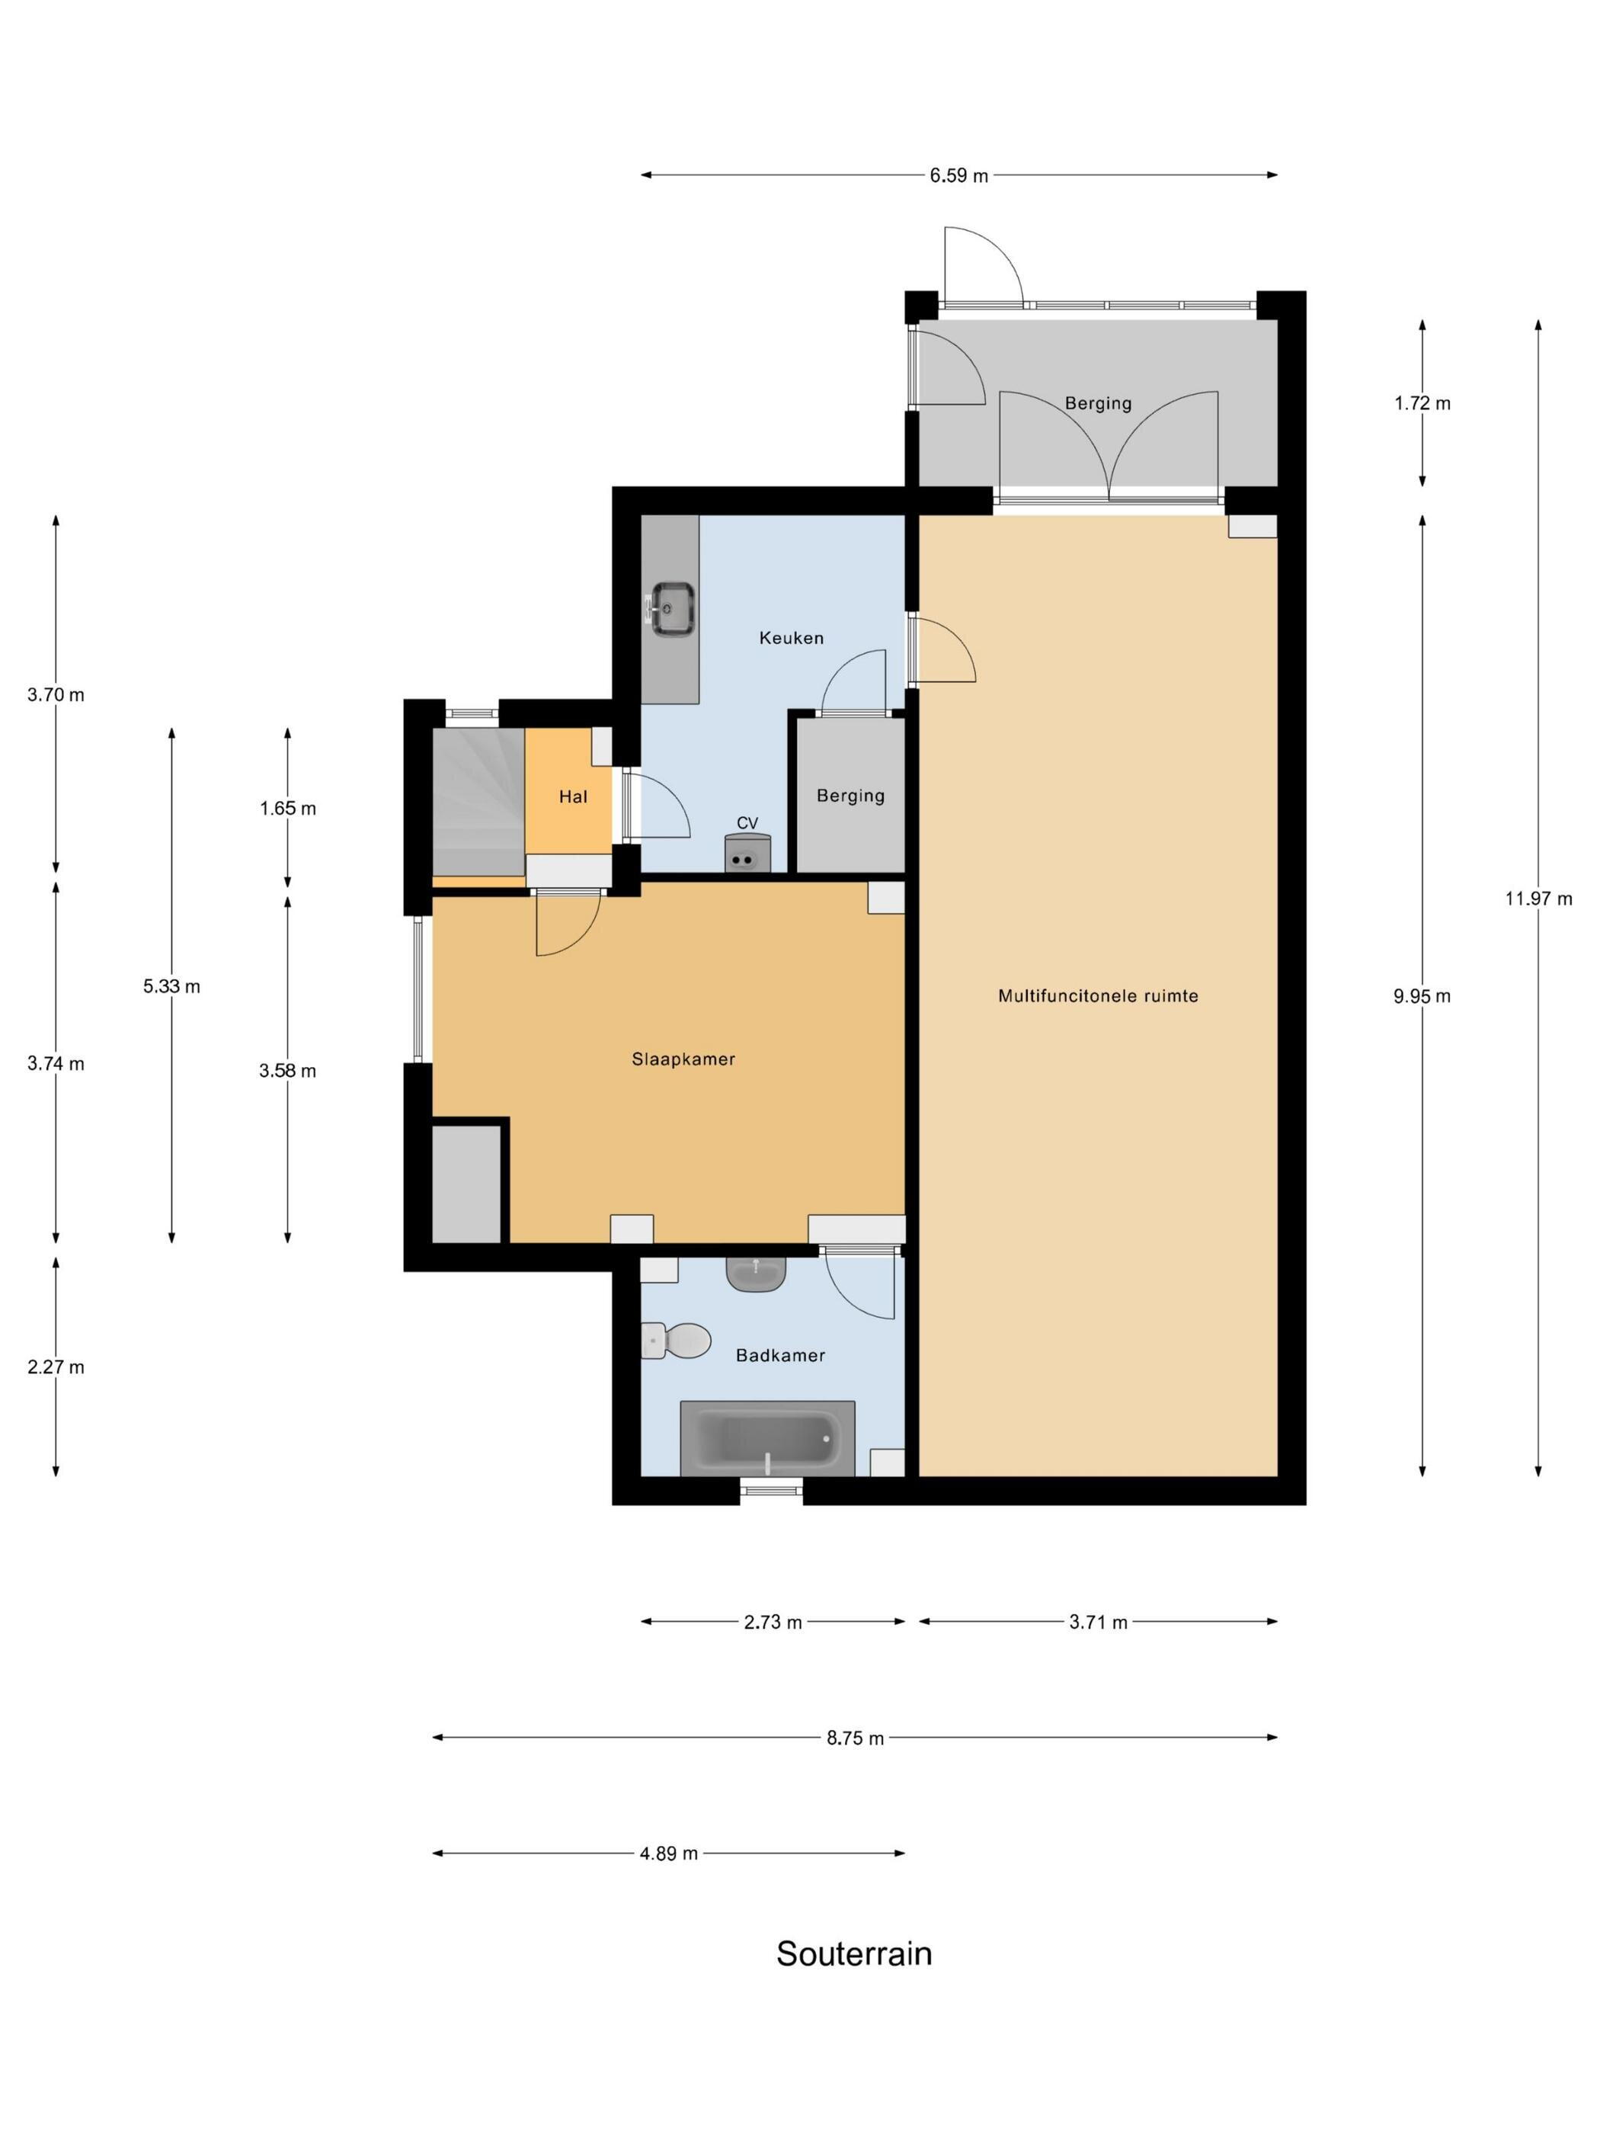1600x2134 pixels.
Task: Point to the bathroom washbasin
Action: pyautogui.click(x=756, y=1274)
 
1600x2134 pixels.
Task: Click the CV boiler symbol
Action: pyautogui.click(x=747, y=853)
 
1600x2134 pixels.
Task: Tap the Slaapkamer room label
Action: pyautogui.click(x=683, y=1059)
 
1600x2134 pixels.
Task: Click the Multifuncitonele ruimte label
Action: pyautogui.click(x=1098, y=995)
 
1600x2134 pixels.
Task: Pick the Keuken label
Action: pyautogui.click(x=791, y=638)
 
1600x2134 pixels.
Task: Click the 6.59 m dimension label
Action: pyautogui.click(x=958, y=175)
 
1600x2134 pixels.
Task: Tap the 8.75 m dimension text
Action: pyautogui.click(x=855, y=1738)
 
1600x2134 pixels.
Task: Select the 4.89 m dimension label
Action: pyautogui.click(x=668, y=1854)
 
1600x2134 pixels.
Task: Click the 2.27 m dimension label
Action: pyautogui.click(x=56, y=1367)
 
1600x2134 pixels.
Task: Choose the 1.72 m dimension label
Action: pyautogui.click(x=1422, y=403)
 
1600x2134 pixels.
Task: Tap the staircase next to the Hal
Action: pyautogui.click(x=478, y=801)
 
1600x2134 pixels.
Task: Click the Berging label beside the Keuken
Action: pyautogui.click(x=850, y=796)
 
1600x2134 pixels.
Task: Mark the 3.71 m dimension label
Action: pyautogui.click(x=1098, y=1622)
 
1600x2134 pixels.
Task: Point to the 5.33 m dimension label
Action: pyautogui.click(x=171, y=986)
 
